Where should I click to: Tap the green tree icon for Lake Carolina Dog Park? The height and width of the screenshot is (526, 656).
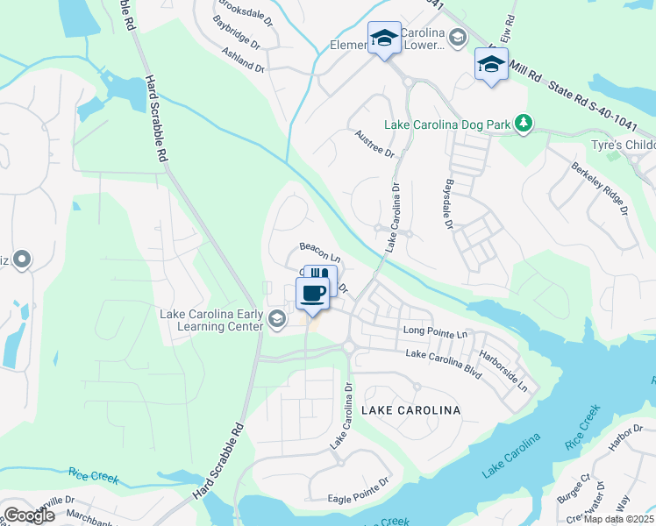[524, 123]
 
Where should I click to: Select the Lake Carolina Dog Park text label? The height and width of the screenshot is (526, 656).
[447, 125]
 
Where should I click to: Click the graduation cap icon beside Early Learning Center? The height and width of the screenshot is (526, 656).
[278, 317]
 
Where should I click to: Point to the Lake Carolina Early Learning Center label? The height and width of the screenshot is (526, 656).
[210, 320]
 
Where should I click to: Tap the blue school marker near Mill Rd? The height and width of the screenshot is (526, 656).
[491, 64]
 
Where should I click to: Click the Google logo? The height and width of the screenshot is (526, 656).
[29, 515]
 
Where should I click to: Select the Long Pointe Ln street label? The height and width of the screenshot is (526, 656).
[435, 332]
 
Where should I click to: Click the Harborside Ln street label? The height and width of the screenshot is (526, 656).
[511, 372]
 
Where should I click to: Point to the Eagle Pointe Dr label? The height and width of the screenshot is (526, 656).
[358, 487]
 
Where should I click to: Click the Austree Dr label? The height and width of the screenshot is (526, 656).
[375, 143]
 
